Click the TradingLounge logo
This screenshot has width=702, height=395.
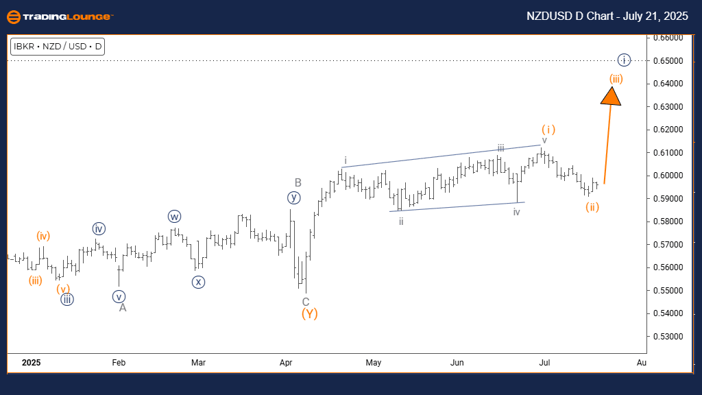pos(60,16)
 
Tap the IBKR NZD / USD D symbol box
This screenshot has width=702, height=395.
pos(58,47)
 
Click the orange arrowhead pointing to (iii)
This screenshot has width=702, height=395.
pos(611,95)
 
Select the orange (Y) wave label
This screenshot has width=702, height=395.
pos(309,314)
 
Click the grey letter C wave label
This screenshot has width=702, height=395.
pos(306,302)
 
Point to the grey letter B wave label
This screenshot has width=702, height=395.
pos(298,182)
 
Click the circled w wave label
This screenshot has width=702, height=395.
pos(174,217)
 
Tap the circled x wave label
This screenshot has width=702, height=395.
pos(198,281)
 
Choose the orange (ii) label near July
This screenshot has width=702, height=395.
pos(592,207)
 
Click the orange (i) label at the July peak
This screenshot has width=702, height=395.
pos(548,129)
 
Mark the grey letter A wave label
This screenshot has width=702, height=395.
pos(123,308)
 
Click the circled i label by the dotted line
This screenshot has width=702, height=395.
pos(623,60)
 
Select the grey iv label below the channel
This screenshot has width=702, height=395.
pos(517,212)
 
